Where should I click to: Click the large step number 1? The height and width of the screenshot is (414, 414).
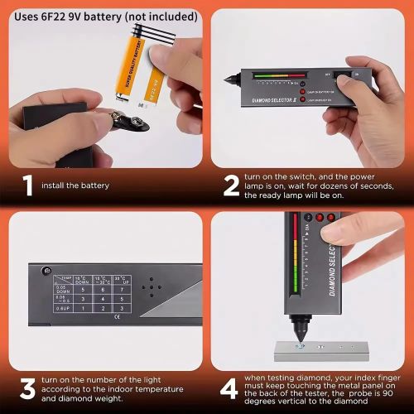coord(27,185)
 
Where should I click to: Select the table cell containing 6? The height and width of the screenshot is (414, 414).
coord(100,291)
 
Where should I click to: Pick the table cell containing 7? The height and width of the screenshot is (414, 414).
coord(122,291)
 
